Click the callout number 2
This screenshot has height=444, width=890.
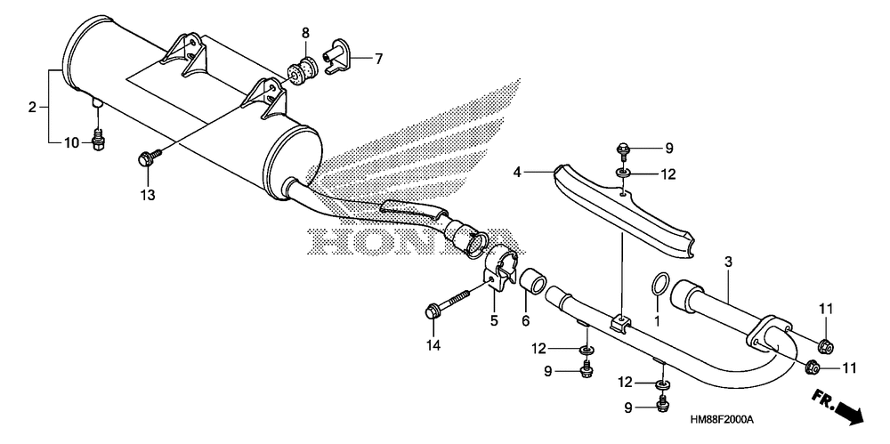32,106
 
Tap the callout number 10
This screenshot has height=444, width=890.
71,143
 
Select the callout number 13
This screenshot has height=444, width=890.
148,196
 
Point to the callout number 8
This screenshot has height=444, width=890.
305,32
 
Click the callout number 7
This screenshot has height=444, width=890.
378,58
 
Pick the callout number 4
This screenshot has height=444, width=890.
516,171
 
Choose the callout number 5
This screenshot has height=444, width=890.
494,321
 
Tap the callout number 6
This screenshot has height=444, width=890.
526,321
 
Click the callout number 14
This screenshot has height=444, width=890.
434,344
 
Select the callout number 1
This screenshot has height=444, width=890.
658,321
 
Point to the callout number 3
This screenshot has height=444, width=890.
728,262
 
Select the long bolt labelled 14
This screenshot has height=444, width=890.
448,303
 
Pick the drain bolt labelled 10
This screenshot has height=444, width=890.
99,140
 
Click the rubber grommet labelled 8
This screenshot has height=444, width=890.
302,69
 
